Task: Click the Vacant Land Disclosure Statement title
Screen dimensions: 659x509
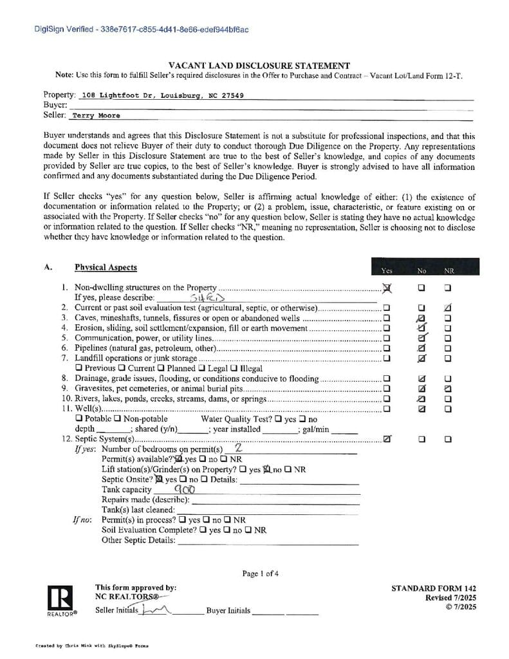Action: point(259,66)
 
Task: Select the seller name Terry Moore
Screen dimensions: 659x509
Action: point(96,116)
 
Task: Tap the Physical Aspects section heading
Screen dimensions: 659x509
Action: point(106,267)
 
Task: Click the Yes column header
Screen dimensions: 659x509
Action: point(387,271)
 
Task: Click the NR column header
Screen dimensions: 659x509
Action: point(449,271)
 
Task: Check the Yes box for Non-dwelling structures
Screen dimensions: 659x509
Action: point(387,288)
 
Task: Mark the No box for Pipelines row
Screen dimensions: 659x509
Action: point(421,348)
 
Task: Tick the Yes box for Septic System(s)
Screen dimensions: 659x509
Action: point(387,440)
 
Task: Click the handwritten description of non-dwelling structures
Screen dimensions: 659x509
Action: point(207,298)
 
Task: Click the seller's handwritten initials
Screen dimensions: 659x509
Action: point(155,609)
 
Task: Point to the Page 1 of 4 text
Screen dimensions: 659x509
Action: point(260,573)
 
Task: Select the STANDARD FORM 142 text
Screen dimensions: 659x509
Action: point(434,588)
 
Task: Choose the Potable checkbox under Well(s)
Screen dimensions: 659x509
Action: point(79,419)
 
